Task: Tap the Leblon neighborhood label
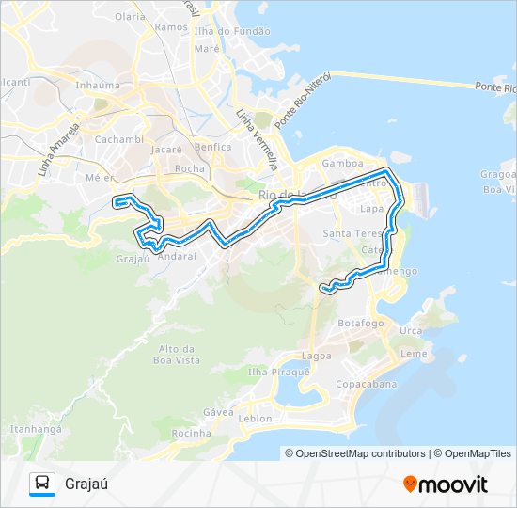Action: tap(256, 418)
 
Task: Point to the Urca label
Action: tap(411, 330)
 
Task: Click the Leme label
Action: tap(414, 354)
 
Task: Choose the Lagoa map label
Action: tap(317, 356)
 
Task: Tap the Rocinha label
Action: tap(192, 433)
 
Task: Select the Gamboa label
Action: tap(342, 162)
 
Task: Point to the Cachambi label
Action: tap(119, 139)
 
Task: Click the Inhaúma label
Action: tap(98, 85)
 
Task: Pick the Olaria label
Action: tap(129, 16)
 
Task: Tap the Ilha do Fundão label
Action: tap(239, 31)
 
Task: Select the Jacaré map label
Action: tap(165, 149)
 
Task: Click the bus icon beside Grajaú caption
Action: tap(42, 484)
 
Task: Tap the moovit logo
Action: tap(446, 484)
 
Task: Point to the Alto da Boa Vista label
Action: tap(177, 354)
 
